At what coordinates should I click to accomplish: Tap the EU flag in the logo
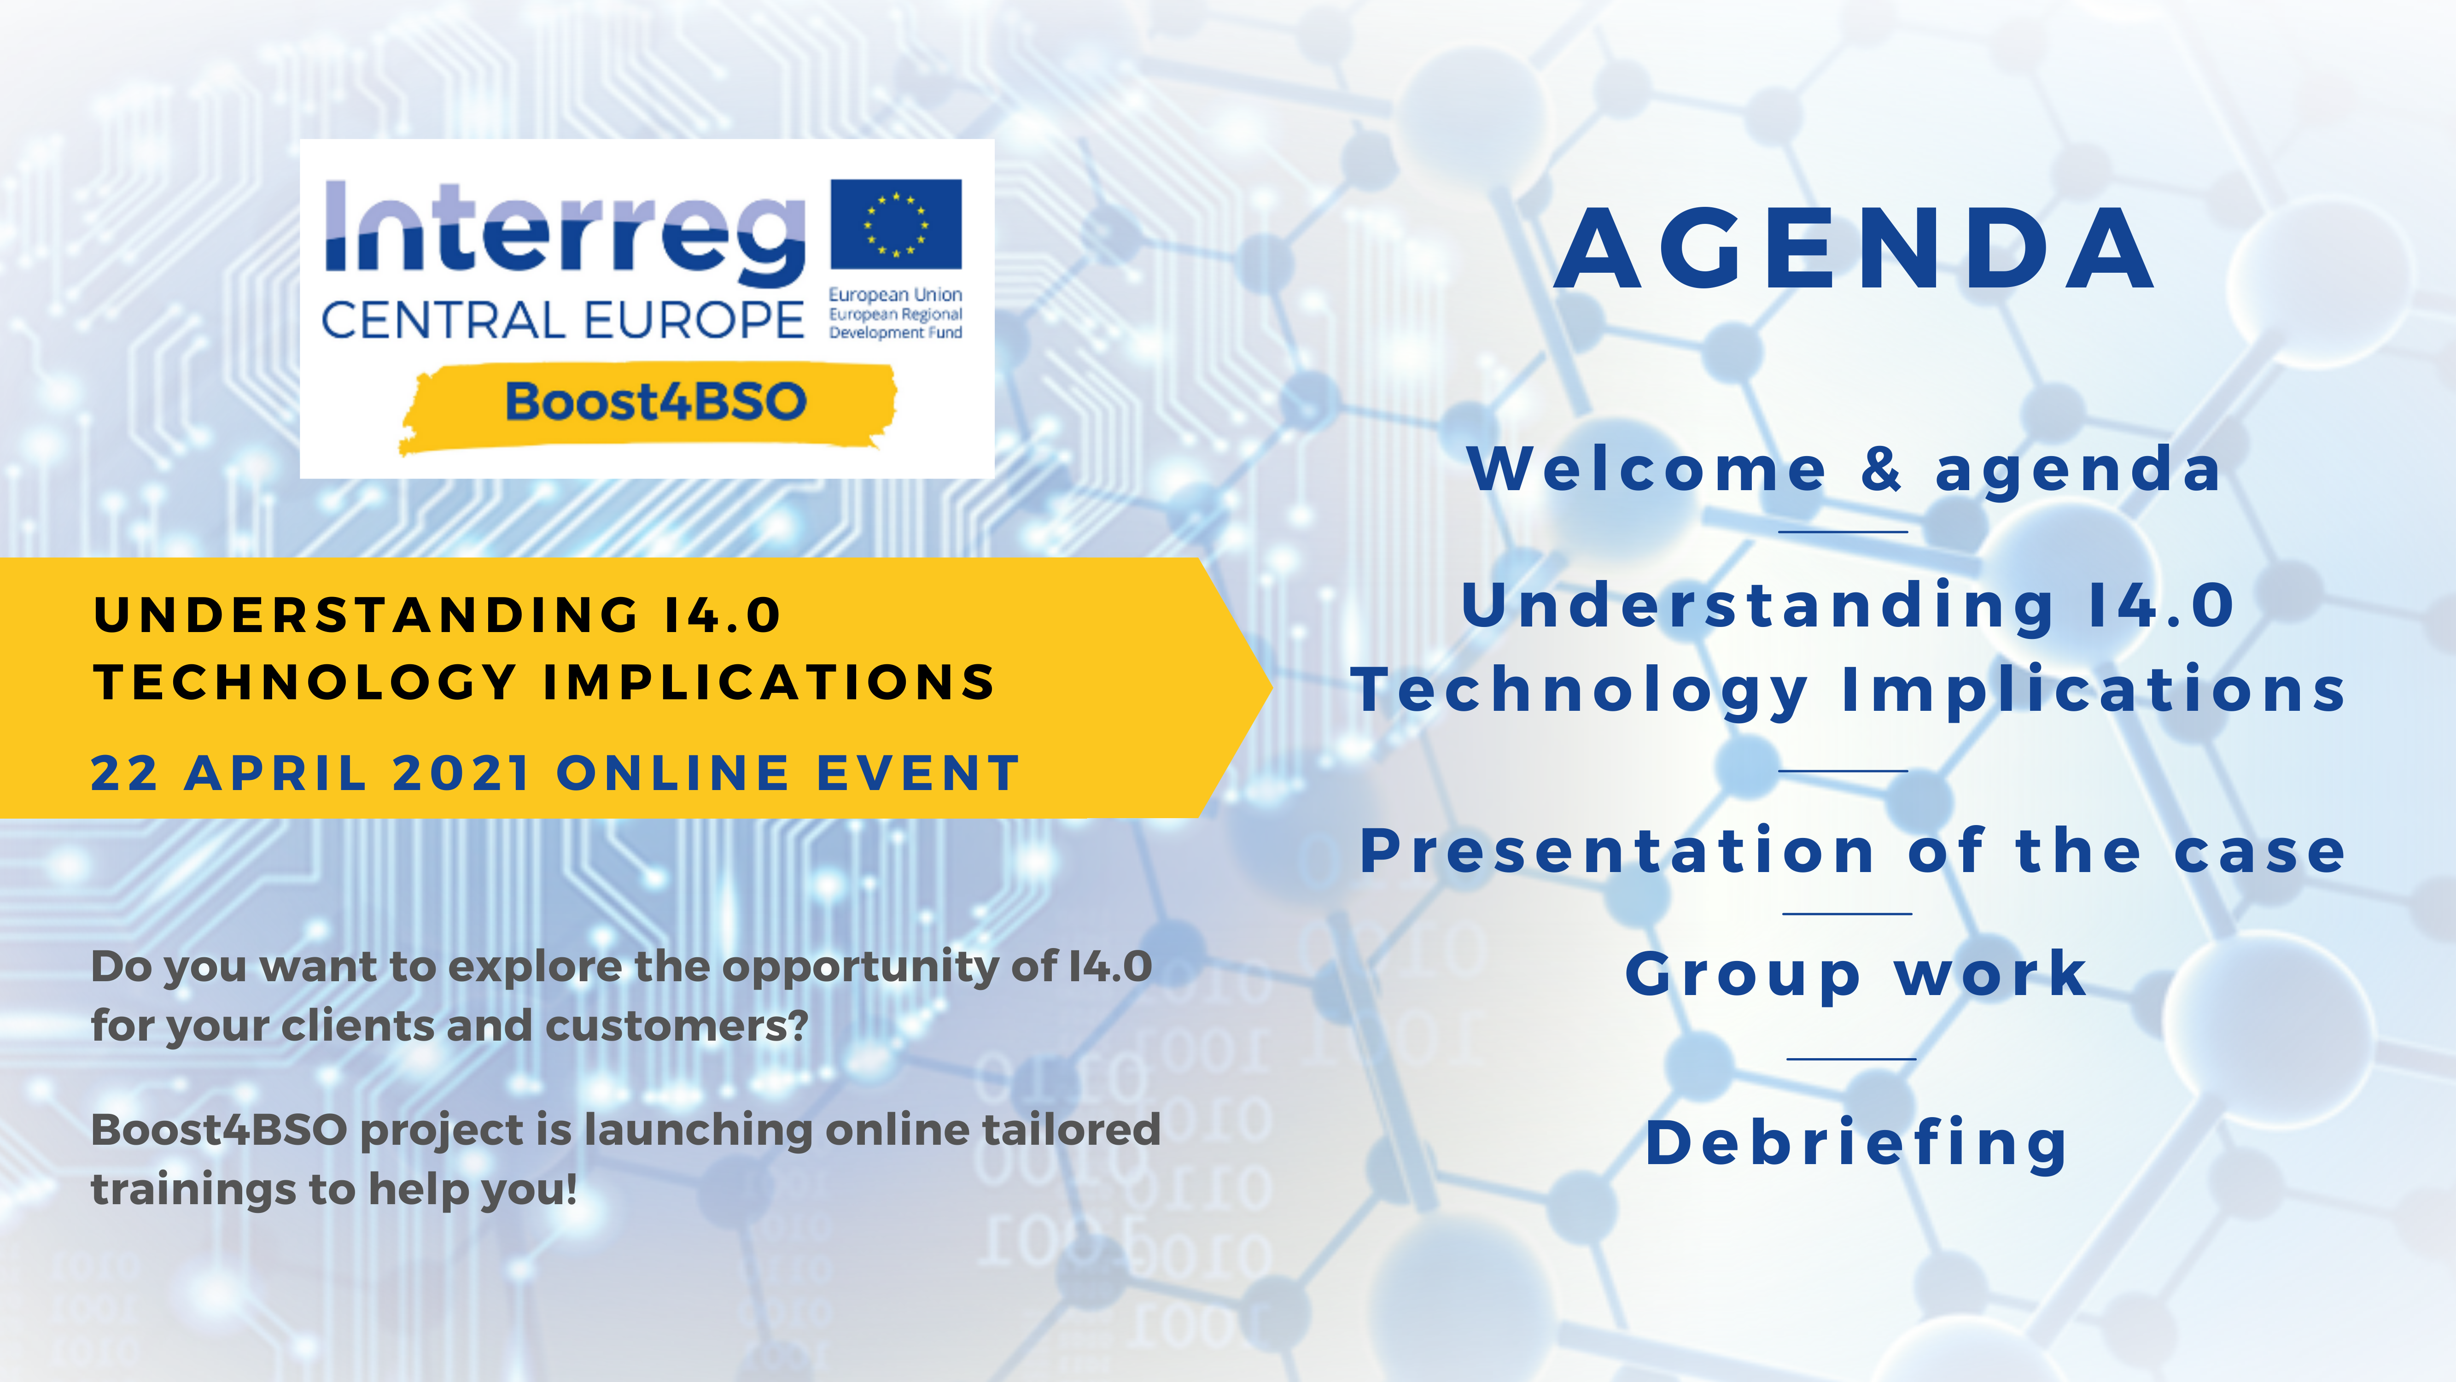click(x=896, y=224)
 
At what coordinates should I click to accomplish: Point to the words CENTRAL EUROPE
click(x=562, y=320)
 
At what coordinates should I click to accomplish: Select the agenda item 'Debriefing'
click(x=1856, y=1142)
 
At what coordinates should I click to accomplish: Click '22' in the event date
click(x=124, y=773)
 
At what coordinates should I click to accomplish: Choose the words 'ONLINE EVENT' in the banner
click(x=788, y=773)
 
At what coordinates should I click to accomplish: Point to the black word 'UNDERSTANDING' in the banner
click(x=366, y=614)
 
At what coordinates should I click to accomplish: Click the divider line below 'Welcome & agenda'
click(x=1843, y=531)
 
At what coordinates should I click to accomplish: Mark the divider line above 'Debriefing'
click(x=1850, y=1059)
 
